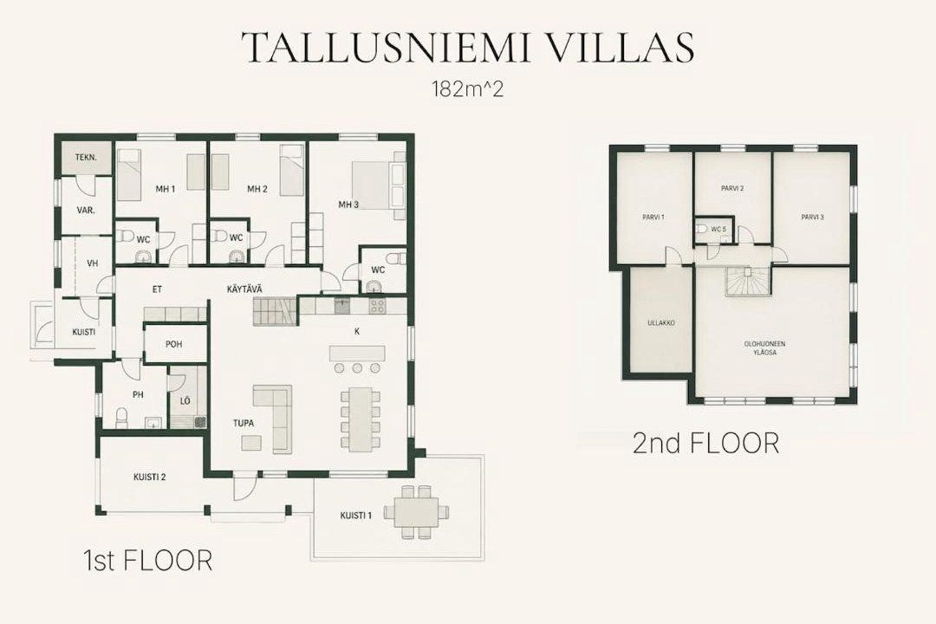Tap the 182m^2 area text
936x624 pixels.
point(467,89)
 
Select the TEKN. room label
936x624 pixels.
point(86,158)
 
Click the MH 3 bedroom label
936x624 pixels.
point(348,205)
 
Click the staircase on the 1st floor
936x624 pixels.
point(275,312)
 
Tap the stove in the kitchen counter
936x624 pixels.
point(377,306)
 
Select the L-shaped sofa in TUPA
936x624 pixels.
point(273,417)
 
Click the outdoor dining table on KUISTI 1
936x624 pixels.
point(415,511)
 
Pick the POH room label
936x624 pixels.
point(174,345)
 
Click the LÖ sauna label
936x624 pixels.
point(185,400)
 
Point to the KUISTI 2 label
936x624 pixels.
point(149,478)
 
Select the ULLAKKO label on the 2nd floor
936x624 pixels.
point(660,323)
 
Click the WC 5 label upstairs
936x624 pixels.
point(718,229)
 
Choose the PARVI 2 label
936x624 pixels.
point(732,189)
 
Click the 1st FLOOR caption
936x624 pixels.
point(147,562)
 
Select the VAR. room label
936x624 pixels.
point(86,211)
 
